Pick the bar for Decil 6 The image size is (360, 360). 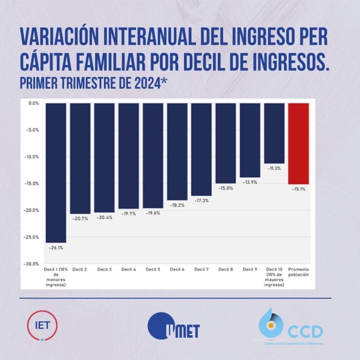177,152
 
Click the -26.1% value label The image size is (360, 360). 56,248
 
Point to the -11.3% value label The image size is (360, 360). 274,168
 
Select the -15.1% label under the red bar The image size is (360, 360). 298,189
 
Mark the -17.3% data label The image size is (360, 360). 202,200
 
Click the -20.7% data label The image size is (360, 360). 80,219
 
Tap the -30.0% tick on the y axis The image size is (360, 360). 33,264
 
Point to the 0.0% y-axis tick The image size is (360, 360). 34,103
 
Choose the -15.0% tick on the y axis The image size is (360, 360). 33,184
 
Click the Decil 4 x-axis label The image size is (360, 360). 129,270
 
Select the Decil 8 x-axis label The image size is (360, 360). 226,270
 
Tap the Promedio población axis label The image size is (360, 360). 299,272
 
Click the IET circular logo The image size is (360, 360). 42,325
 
